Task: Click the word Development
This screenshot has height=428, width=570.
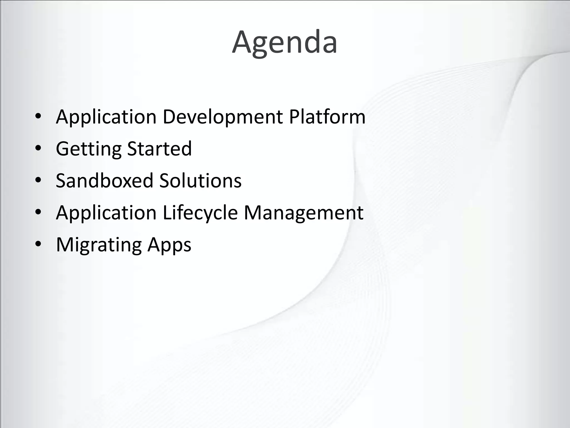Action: [223, 117]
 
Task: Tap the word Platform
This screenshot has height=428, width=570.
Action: [327, 117]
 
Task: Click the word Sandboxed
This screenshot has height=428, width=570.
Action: [105, 181]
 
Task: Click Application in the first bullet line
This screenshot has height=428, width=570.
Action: [106, 117]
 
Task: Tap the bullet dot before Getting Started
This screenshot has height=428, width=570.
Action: [38, 149]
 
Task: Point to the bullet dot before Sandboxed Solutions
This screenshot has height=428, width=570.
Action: [38, 181]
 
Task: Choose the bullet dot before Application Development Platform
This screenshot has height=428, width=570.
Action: [38, 116]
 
